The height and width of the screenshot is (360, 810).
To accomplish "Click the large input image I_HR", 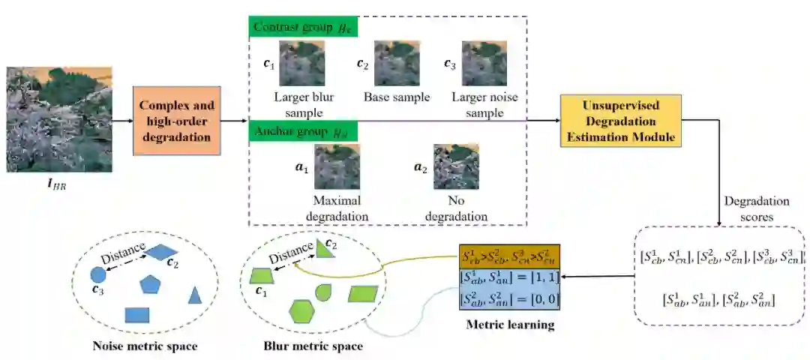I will pos(59,119).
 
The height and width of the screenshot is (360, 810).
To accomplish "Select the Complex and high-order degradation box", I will pos(177,120).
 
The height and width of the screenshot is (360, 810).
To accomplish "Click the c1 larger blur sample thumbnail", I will pos(301,64).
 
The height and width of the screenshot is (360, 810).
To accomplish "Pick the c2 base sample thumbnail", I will pos(397,64).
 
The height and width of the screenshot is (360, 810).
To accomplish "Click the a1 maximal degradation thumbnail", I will pos(337,166).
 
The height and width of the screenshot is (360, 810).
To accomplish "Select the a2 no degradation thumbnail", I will pos(456,166).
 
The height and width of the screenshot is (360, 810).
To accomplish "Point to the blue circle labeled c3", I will pos(97,275).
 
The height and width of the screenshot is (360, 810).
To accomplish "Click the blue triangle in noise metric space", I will pos(195,295).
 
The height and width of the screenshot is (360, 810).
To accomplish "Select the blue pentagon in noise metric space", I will pos(151,283).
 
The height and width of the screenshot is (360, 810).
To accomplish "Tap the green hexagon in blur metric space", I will pos(301,310).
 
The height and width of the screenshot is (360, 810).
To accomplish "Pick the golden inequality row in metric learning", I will pos(509,259).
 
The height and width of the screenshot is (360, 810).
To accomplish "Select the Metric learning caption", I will pos(509,325).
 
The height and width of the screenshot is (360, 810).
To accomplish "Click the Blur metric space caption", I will pos(313,346).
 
